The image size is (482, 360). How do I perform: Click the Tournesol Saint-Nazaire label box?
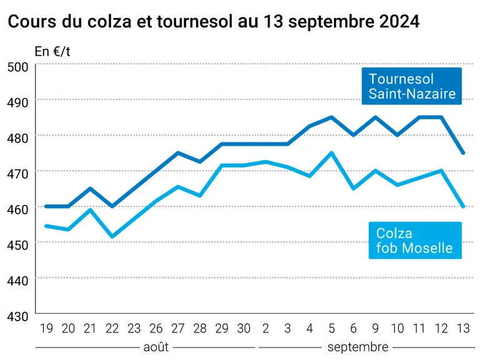411,86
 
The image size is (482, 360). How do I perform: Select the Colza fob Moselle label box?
415,240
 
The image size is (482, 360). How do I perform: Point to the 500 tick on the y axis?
18,67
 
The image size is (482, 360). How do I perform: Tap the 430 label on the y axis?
18,316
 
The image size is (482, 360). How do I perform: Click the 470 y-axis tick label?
18,174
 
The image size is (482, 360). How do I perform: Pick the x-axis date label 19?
46,329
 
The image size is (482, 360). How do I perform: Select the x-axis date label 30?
243,329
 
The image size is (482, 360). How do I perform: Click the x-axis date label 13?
463,329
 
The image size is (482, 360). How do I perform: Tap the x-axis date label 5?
332,329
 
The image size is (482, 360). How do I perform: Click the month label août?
156,347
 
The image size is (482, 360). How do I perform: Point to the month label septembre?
358,347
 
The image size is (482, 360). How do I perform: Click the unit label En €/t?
52,51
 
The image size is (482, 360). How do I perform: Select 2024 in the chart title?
400,21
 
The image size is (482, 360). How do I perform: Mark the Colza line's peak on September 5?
332,152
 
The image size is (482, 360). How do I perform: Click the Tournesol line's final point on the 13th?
463,153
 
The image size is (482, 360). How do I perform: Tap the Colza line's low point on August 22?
112,236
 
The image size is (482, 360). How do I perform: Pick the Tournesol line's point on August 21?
90,188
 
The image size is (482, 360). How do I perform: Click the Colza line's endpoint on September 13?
463,206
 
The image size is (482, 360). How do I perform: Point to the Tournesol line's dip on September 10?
398,135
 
